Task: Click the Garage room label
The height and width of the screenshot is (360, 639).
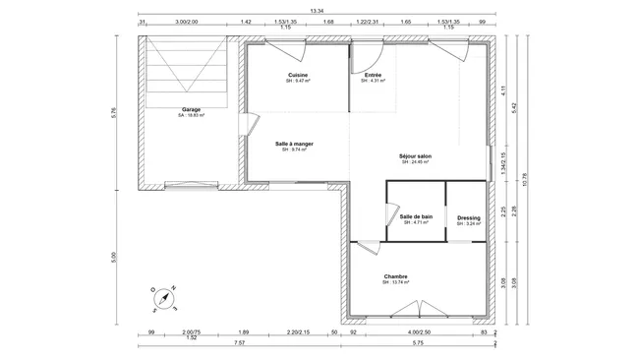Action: coord(191,109)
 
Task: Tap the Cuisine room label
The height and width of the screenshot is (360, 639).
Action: coord(298,76)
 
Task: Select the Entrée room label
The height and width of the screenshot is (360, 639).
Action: coord(374,76)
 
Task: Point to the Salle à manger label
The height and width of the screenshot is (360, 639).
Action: coord(294,144)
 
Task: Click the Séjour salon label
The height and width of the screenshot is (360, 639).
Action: coord(416,156)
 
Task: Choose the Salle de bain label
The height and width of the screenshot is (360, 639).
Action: coord(417,216)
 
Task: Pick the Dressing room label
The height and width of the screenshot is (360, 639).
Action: coord(469,218)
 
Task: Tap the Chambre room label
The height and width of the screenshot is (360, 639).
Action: coord(396,276)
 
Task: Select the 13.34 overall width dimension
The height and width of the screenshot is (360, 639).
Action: coord(317,10)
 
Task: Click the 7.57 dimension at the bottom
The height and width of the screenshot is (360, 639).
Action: coord(240,344)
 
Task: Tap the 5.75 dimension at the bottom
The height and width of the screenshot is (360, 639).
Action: coord(417,344)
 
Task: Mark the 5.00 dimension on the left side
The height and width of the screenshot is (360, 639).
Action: coord(114,258)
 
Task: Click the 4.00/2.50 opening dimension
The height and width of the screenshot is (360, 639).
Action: coord(420,332)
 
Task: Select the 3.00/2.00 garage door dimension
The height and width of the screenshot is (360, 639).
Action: coord(186,20)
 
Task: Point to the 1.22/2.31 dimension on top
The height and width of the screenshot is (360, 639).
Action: coord(369,20)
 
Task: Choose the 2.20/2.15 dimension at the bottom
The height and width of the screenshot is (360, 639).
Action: coord(299,332)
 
